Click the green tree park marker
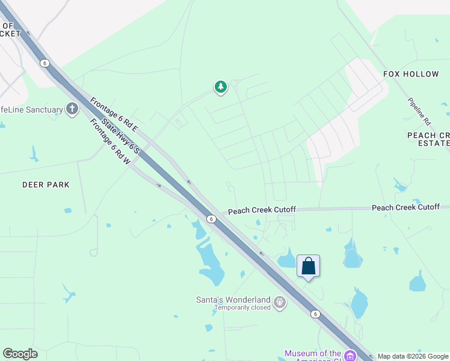tap(221, 87)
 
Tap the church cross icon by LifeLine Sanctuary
tap(72, 109)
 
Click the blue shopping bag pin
tap(308, 266)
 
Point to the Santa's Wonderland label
tap(233, 300)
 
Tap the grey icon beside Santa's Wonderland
tap(279, 302)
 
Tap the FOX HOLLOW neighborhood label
tap(411, 73)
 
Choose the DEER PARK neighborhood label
tap(46, 185)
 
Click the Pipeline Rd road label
tap(419, 111)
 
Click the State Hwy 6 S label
tap(120, 135)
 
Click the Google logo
tap(20, 354)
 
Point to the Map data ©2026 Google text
tap(413, 356)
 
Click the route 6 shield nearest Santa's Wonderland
tap(315, 313)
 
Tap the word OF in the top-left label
tap(8, 25)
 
